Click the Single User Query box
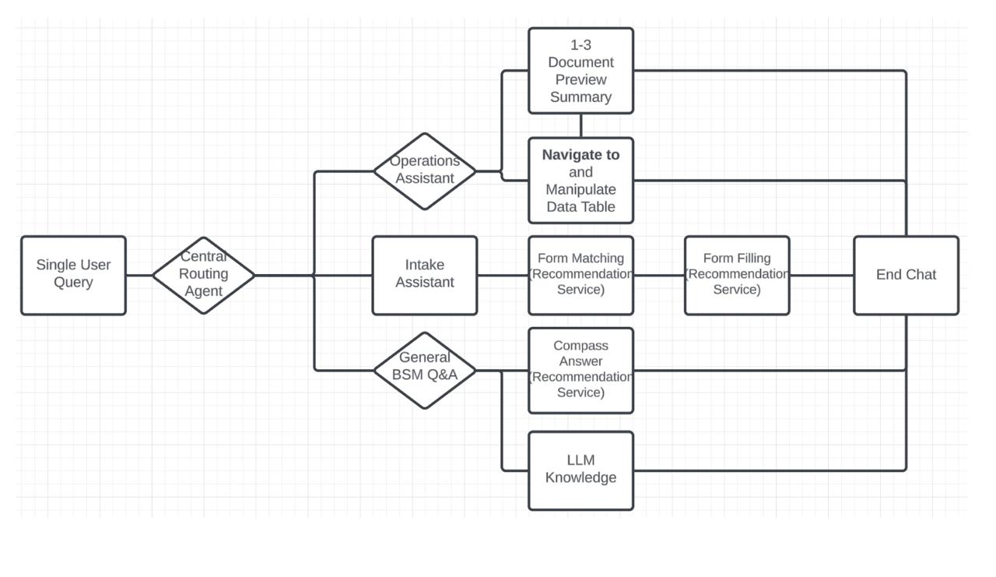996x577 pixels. point(73,275)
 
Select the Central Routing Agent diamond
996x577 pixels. point(203,275)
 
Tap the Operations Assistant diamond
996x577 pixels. point(424,171)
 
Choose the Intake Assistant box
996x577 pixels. point(424,275)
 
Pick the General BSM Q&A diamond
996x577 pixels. point(424,370)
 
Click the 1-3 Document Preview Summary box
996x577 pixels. point(580,71)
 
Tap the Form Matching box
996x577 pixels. point(580,275)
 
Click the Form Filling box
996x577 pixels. point(736,275)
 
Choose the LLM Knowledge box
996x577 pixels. point(580,470)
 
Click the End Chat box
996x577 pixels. point(906,275)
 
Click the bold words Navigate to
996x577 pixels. point(580,155)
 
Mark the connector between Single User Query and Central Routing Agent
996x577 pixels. point(139,275)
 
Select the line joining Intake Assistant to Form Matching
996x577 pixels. point(503,275)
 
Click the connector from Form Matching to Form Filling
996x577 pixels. point(659,275)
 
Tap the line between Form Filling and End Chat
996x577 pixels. point(822,275)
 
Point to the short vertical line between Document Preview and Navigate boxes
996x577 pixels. point(580,125)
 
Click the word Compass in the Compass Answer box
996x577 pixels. point(580,346)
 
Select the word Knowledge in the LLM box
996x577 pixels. point(580,477)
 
